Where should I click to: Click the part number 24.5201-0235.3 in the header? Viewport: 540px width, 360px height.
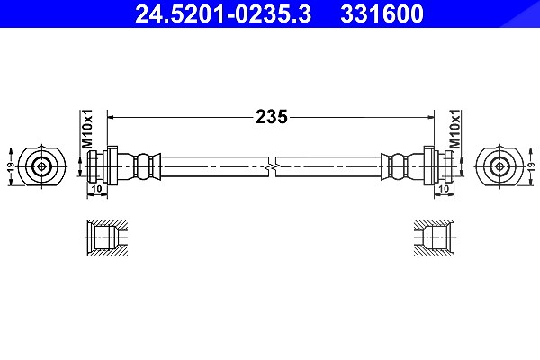[223, 13]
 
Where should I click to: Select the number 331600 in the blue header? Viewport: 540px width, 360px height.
[382, 13]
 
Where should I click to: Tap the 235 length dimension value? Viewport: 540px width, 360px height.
[272, 117]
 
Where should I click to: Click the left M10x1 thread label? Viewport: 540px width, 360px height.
[87, 130]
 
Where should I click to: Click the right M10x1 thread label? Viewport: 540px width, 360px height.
[454, 129]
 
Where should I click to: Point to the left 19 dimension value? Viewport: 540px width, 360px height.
[11, 167]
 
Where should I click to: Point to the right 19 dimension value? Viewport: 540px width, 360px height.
[531, 167]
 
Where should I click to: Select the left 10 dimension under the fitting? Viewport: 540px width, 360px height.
[97, 189]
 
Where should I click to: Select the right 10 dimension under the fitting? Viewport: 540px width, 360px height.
[445, 189]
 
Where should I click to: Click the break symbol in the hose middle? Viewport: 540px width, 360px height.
[272, 167]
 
